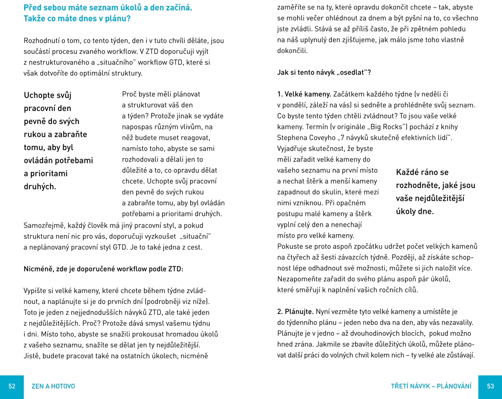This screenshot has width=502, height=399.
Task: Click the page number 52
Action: tap(12, 387)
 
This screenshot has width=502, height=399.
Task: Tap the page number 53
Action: tap(490, 387)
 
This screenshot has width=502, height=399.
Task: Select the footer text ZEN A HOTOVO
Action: tap(53, 387)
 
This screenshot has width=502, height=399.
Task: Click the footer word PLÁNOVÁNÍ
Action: tap(454, 387)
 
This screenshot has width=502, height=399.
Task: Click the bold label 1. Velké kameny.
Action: tap(304, 94)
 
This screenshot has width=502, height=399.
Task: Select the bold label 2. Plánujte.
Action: tap(296, 312)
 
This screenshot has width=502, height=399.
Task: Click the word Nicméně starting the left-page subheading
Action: tap(37, 269)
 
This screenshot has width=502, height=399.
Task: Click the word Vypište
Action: tap(35, 291)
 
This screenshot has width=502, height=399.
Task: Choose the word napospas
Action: tap(138, 127)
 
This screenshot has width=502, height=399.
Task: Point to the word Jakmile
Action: tap(329, 344)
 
